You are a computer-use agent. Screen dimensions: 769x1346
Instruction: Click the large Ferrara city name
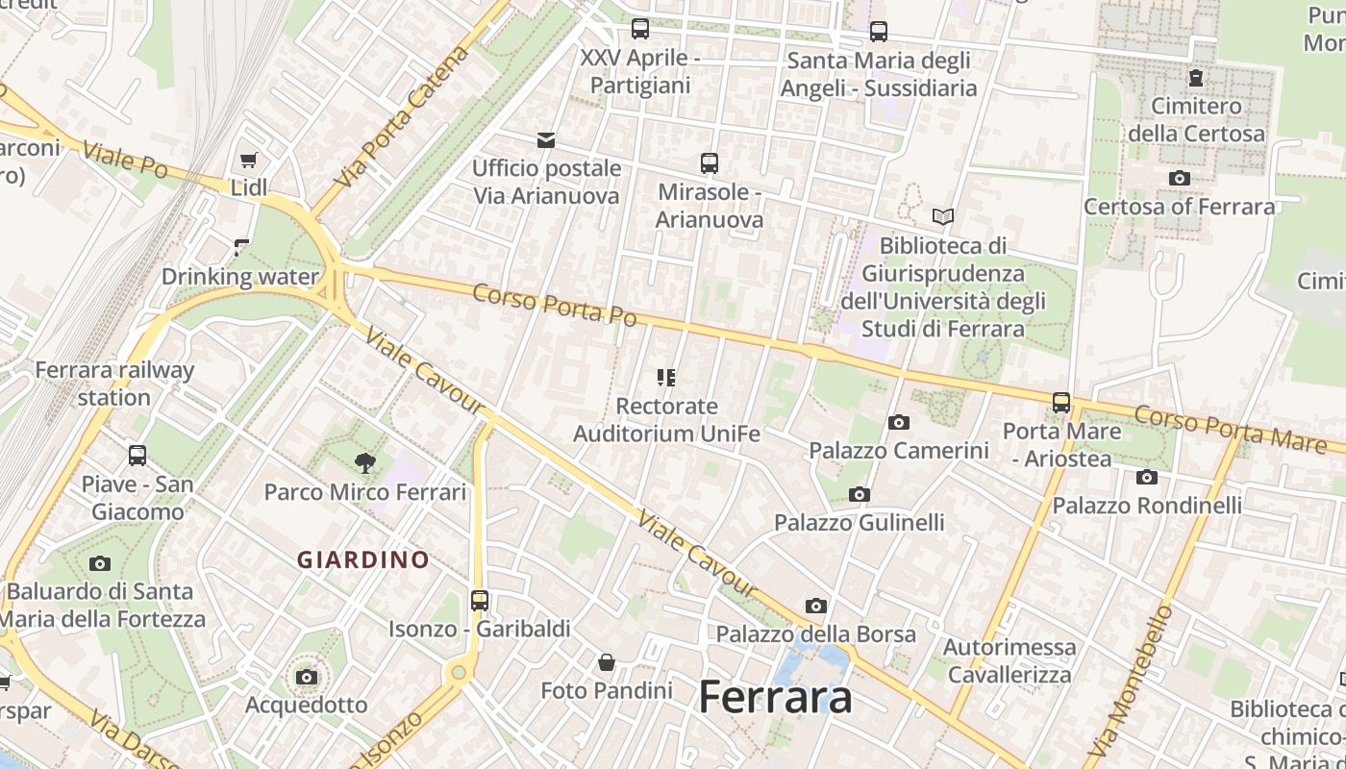pos(775,697)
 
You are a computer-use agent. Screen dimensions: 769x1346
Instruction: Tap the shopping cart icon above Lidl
pos(249,160)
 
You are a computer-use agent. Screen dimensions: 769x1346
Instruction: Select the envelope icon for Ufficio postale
pos(546,140)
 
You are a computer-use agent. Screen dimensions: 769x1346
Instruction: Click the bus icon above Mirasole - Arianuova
pos(710,163)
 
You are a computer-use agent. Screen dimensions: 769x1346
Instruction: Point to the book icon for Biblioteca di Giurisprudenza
pos(943,217)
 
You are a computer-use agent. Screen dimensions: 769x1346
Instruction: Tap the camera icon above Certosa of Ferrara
pos(1180,179)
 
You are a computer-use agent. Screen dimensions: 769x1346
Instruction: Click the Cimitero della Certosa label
pos(1196,119)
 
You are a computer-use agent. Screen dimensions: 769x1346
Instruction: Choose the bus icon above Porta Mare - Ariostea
pos(1061,403)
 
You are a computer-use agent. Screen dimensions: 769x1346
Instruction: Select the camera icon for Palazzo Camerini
pos(899,422)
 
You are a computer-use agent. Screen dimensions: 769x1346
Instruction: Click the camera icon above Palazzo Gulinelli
pos(860,495)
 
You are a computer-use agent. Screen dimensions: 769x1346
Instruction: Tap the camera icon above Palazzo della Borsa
pos(816,607)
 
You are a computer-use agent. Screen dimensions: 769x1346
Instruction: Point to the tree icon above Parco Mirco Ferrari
pos(364,463)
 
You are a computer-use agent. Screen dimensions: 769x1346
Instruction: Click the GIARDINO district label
pos(363,559)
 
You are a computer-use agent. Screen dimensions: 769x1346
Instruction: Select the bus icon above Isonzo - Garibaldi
pos(480,601)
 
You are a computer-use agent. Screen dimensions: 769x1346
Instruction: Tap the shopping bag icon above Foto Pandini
pos(607,662)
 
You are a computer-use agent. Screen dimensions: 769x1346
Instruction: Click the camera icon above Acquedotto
pos(307,678)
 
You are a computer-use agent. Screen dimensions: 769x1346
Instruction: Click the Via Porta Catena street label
pos(403,116)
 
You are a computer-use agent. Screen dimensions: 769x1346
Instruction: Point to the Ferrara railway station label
pos(114,384)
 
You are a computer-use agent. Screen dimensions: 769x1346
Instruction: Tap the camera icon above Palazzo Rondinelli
pos(1147,478)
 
